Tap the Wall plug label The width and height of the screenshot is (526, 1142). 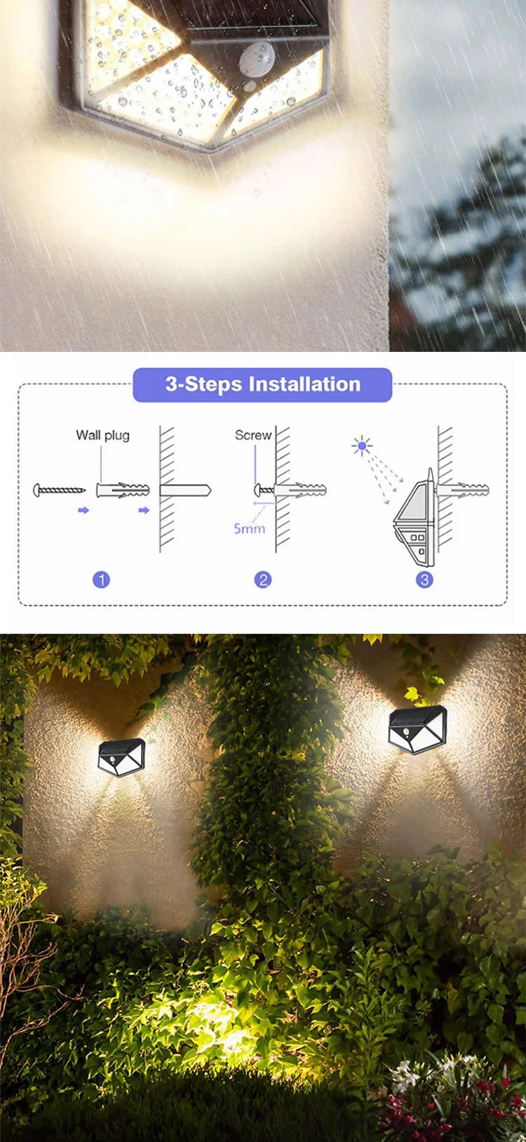(x=102, y=435)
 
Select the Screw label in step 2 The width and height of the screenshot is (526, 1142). (x=252, y=435)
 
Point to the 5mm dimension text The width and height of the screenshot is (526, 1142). (x=249, y=528)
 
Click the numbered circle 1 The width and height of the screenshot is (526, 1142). (x=102, y=580)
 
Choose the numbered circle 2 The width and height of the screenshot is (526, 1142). (x=263, y=580)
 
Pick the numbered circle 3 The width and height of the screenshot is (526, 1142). (x=424, y=580)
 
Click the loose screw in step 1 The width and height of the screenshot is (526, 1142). (x=60, y=489)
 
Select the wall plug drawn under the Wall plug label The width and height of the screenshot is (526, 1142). (x=123, y=489)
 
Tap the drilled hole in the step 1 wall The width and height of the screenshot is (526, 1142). (x=184, y=489)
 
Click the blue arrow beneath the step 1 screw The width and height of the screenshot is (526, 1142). (x=83, y=510)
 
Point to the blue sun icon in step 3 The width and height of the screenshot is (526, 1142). (x=362, y=445)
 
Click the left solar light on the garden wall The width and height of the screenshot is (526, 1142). (x=121, y=758)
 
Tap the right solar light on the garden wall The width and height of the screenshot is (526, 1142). (x=417, y=730)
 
